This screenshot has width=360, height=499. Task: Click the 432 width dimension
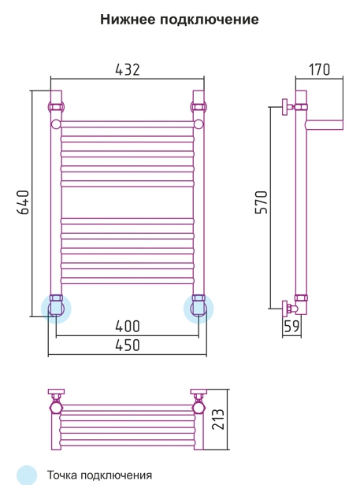tap(128, 69)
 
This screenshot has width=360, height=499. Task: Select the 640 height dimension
tap(23, 202)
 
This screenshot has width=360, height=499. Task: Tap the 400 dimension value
tap(128, 326)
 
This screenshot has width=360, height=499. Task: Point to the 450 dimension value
tap(128, 345)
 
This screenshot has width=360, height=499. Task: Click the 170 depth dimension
tap(319, 69)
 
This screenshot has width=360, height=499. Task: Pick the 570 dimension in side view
tap(262, 202)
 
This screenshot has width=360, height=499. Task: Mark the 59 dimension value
tap(291, 326)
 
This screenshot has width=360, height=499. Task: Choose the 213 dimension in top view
tap(218, 420)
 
